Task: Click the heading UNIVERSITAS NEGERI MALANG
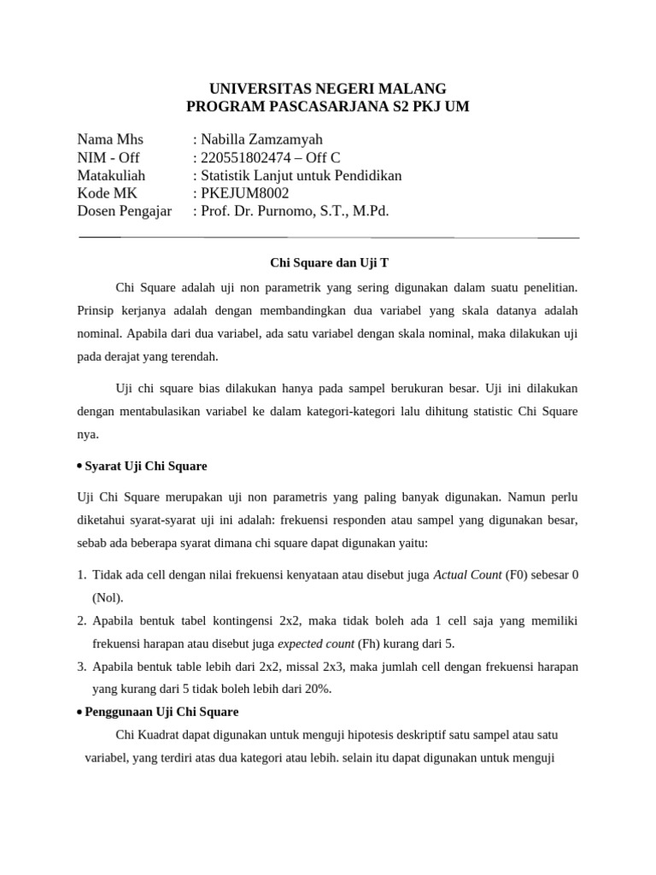(328, 88)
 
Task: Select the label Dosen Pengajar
(124, 211)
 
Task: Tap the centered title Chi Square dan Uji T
(328, 262)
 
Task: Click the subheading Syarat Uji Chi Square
(145, 467)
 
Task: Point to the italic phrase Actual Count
(467, 575)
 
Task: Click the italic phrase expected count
(317, 643)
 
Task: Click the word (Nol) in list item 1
(108, 597)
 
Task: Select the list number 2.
(82, 621)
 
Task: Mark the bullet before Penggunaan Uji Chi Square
(79, 712)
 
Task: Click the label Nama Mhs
(110, 139)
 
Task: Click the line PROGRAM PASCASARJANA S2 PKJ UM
(328, 107)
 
